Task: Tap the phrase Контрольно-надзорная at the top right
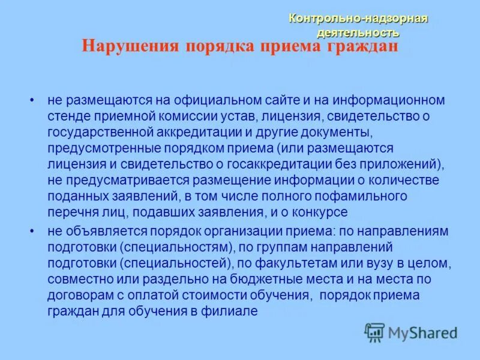[358, 19]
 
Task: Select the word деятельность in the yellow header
[358, 32]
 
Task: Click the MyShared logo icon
[375, 332]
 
